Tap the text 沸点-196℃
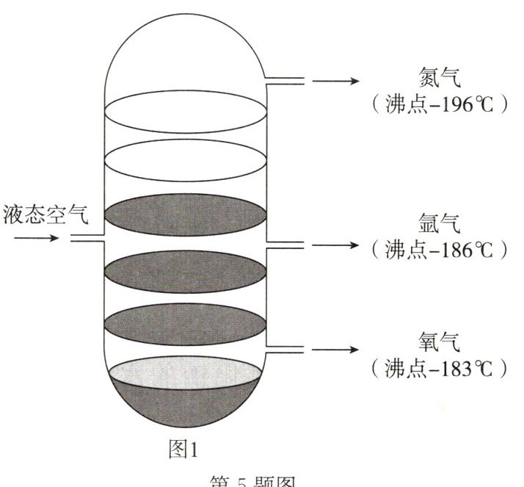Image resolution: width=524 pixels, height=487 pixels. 440,104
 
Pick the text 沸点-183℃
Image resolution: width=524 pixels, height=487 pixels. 440,368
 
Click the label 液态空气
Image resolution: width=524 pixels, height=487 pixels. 46,214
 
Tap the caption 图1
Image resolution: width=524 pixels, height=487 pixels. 184,449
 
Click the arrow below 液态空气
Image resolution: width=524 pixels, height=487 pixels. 34,238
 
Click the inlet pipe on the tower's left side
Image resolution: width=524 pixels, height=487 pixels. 87,239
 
